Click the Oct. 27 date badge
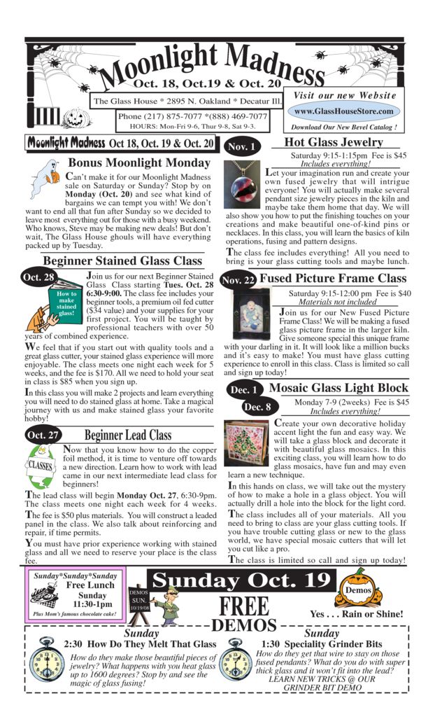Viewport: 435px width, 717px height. (x=43, y=435)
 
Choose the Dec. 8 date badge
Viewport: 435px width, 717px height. (x=258, y=407)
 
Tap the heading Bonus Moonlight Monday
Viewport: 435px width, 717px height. (x=138, y=162)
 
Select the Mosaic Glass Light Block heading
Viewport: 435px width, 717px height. (x=338, y=388)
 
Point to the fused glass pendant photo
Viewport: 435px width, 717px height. (x=243, y=185)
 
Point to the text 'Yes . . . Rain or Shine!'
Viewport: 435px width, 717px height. (x=357, y=614)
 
